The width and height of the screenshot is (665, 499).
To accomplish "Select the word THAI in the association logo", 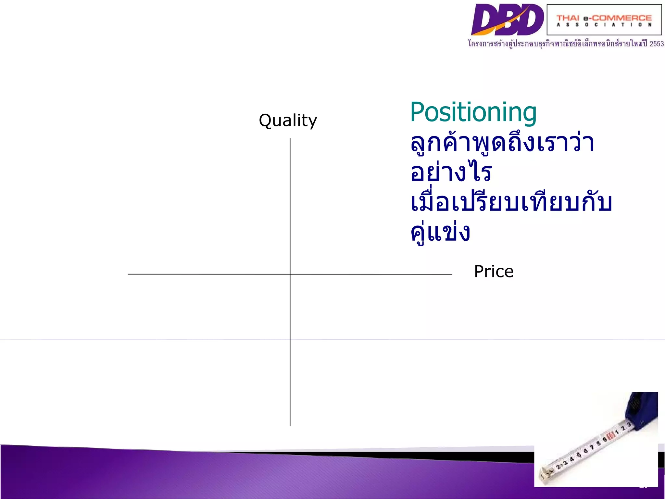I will [568, 18].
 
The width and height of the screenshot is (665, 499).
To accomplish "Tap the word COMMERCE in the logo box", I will [622, 18].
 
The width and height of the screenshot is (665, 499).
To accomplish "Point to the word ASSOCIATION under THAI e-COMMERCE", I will [604, 25].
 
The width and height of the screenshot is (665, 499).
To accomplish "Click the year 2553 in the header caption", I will [657, 44].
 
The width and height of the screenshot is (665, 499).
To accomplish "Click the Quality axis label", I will [288, 121].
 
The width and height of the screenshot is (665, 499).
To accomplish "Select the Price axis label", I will [494, 272].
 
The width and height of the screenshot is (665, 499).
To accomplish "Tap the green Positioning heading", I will [473, 112].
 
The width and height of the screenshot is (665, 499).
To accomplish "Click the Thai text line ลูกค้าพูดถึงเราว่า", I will [502, 143].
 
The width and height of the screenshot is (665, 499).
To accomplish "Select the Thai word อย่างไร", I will [451, 172].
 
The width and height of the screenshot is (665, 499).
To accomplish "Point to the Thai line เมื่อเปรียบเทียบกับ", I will [511, 203].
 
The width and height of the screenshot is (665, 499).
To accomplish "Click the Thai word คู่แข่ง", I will [440, 233].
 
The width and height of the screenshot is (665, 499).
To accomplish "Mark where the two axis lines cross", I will [290, 274].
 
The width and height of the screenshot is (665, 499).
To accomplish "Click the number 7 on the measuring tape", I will [592, 447].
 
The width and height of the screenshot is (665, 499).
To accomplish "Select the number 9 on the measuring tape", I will [605, 440].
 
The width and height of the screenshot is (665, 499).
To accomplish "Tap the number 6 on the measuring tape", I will [585, 451].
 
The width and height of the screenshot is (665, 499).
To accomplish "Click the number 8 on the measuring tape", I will [598, 443].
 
